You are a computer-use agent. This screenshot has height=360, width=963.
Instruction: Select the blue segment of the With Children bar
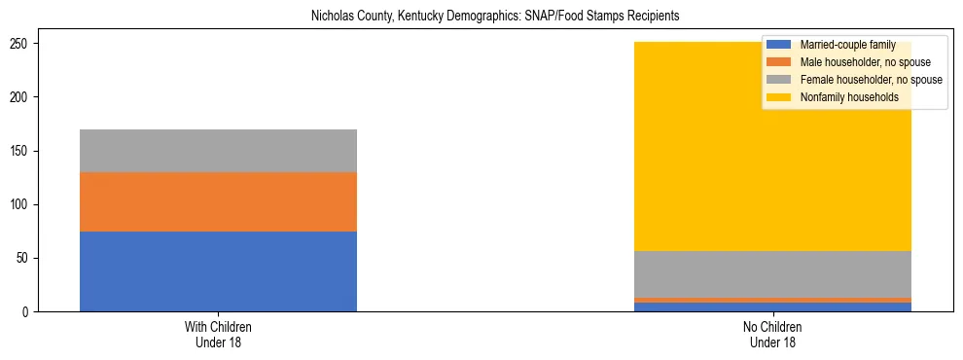pyautogui.click(x=218, y=271)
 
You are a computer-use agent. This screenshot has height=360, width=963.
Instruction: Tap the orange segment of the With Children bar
pyautogui.click(x=218, y=201)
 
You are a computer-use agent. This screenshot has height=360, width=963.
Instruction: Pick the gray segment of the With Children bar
pyautogui.click(x=218, y=151)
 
